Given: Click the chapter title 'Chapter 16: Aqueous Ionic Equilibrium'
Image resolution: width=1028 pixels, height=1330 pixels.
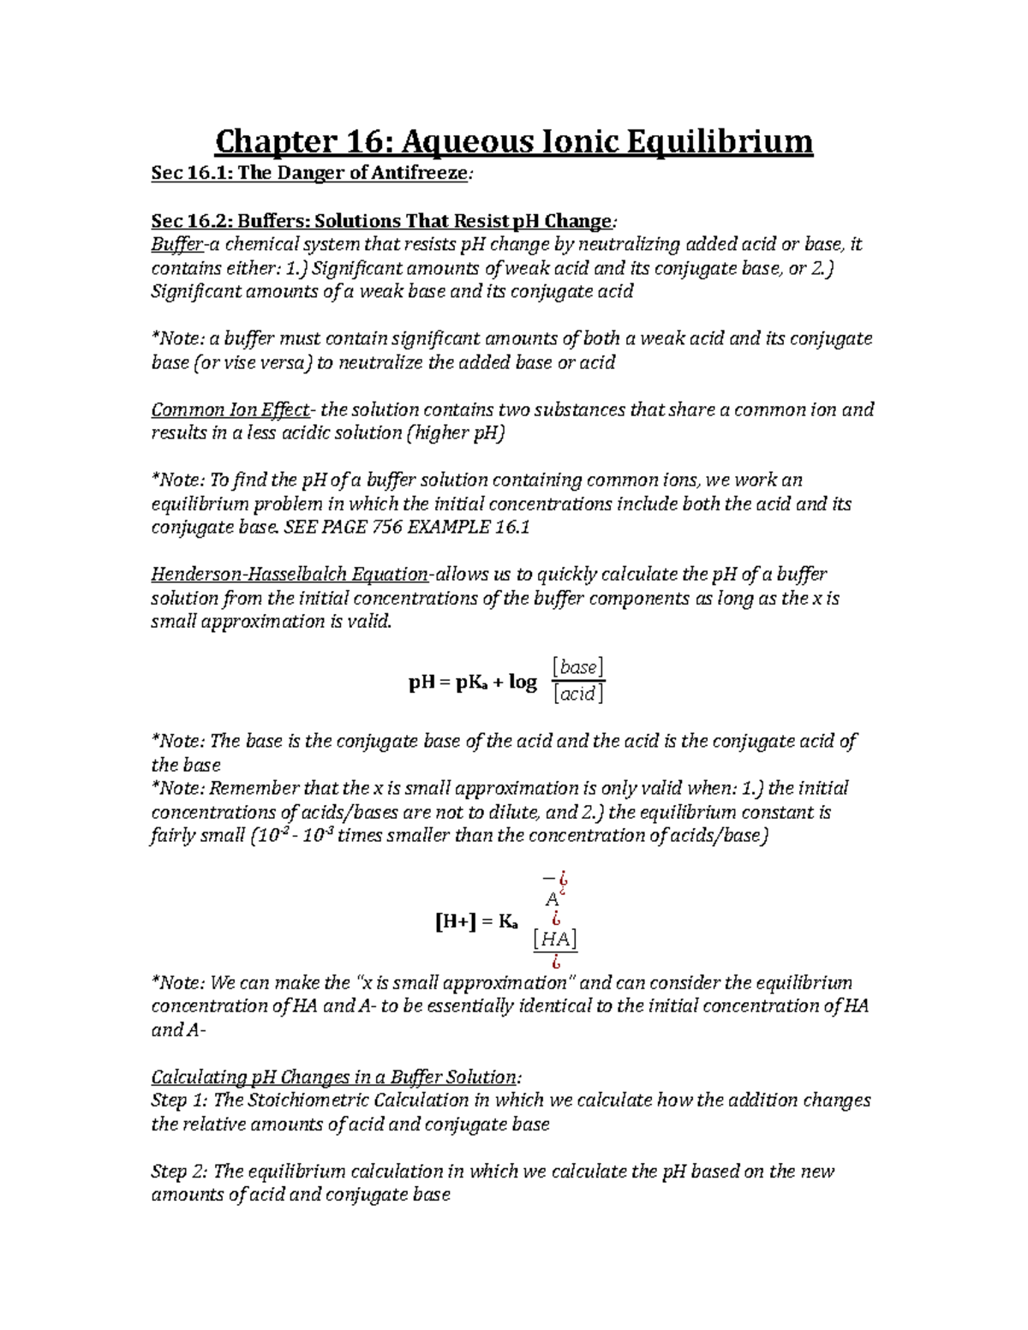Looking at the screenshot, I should (513, 140).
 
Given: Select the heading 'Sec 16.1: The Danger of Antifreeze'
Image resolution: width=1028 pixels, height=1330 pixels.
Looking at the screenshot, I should (310, 173).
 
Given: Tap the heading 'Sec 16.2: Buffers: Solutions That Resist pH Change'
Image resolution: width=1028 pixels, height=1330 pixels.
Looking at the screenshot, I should (381, 221).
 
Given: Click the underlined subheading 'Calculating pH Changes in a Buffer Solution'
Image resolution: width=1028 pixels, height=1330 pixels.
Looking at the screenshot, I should (334, 1077).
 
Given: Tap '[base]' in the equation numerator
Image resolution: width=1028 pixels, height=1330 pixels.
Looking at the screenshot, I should (578, 667).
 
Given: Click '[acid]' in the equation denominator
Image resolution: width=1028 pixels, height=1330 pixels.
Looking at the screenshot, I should (578, 695).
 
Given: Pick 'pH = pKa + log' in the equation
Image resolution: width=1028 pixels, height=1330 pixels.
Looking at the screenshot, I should (473, 683).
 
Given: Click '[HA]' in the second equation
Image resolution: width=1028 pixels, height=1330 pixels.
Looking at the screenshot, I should (554, 939).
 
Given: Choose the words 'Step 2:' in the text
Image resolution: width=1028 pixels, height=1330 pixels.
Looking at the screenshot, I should (179, 1172).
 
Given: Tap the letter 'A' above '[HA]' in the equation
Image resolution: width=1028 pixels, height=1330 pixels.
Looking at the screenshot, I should (552, 900).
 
